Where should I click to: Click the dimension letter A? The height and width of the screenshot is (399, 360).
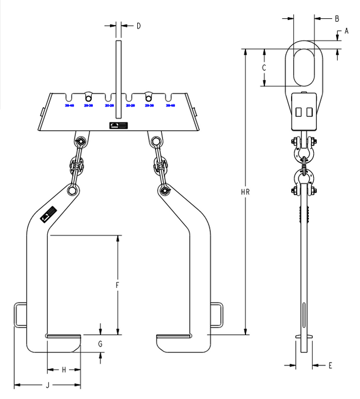(346, 32)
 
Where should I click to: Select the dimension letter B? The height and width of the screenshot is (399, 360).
(337, 19)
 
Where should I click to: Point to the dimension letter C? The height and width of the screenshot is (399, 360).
(264, 67)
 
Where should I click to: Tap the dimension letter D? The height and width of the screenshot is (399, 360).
(138, 26)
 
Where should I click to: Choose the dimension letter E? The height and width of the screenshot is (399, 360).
(330, 364)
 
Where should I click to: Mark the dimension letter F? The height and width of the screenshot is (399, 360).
(117, 284)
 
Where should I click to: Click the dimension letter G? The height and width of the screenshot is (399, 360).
(100, 343)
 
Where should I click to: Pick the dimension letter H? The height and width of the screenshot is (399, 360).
(63, 370)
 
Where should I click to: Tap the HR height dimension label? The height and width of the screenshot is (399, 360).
(246, 192)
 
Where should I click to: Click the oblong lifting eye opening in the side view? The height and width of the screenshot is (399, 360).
(304, 66)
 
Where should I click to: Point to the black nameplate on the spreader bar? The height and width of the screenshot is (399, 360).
(119, 125)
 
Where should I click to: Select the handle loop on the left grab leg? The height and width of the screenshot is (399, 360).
(20, 315)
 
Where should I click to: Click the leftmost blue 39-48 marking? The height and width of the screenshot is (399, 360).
(69, 105)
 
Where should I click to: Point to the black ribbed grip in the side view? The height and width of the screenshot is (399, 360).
(304, 214)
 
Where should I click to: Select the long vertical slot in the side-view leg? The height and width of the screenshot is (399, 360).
(304, 316)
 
